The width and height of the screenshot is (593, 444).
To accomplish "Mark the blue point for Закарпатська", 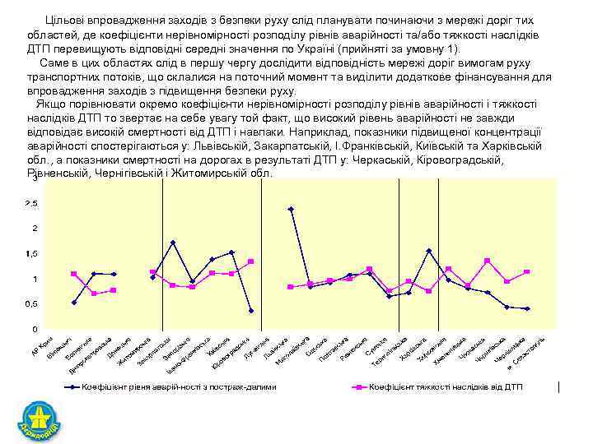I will [173, 243].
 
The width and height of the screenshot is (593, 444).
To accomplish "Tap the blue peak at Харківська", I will [428, 251].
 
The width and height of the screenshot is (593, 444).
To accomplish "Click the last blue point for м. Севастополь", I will [527, 309].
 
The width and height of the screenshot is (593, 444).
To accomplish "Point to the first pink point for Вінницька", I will [73, 274].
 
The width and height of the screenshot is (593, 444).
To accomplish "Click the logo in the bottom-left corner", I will [39, 419].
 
